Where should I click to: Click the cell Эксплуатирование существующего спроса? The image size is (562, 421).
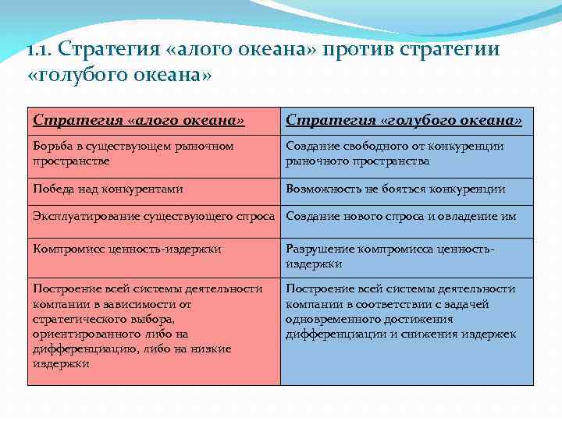pyautogui.click(x=154, y=217)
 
